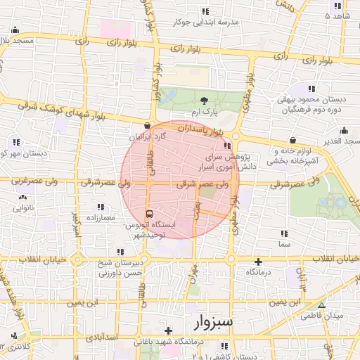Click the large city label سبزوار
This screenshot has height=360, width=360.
point(215,323)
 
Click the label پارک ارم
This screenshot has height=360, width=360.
point(204,112)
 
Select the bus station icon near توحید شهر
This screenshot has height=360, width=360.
point(148,214)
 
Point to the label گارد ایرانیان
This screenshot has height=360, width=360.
point(146,136)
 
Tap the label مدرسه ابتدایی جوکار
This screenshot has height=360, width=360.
point(204,22)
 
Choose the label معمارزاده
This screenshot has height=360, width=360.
point(101,219)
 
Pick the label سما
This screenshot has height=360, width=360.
point(283,244)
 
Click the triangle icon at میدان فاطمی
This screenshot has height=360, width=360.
point(321,305)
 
